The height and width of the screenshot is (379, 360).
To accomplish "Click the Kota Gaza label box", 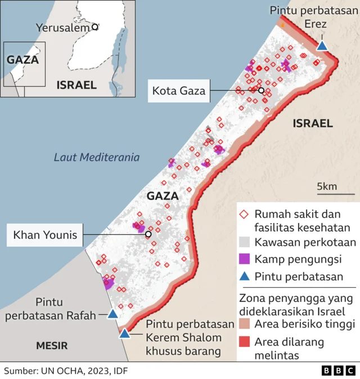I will tap(179, 90).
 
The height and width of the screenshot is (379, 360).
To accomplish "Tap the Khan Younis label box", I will tap(46, 234).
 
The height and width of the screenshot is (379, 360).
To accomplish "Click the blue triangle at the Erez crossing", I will tap(322, 46).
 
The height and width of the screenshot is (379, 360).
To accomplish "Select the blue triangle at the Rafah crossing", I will tap(112, 314).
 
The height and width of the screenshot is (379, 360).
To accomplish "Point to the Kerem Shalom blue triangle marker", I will tap(124, 333).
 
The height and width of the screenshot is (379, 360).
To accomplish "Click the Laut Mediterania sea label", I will tap(96, 157).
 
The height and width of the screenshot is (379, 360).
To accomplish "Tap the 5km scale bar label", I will tap(326, 186).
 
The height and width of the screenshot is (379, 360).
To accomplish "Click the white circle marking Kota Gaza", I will tap(261, 90).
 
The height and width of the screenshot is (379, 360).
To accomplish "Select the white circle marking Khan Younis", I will tap(148, 234).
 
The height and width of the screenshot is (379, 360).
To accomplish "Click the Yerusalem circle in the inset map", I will tap(95, 26).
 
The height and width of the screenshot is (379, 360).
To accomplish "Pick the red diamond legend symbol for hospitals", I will tap(244, 215).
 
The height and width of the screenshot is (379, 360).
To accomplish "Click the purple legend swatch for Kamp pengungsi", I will tap(244, 259).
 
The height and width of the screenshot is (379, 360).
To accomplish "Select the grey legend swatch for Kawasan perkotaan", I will tap(244, 243).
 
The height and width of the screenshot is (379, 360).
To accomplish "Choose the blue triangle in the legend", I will tap(244, 276).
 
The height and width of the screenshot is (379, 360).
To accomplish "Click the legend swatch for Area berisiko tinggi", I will tap(244, 324).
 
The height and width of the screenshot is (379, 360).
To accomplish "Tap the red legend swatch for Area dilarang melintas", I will tap(244, 342).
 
